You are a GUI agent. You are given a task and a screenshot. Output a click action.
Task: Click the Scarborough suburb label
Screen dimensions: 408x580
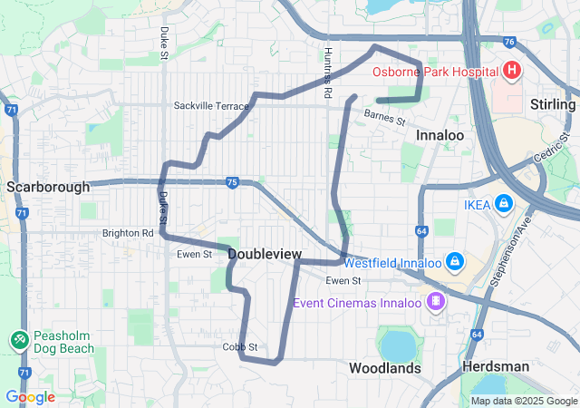[x=48, y=187]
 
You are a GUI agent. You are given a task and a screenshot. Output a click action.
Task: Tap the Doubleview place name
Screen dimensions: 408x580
[x=265, y=255]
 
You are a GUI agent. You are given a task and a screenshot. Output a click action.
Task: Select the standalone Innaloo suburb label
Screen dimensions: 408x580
[x=440, y=135]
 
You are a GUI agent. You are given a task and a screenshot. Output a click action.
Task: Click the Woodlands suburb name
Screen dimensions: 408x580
[x=385, y=368]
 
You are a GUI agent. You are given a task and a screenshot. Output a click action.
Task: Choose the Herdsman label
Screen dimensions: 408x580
[x=495, y=366]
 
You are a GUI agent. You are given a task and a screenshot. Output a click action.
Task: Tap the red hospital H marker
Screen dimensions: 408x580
[x=511, y=70]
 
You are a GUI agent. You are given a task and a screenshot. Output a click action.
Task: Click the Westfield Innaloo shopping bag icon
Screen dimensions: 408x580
[x=454, y=262]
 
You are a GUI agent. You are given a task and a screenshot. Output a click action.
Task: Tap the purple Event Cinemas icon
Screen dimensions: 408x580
[x=437, y=300]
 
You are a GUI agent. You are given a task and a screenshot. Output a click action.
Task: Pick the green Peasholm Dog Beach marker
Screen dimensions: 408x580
[x=18, y=339]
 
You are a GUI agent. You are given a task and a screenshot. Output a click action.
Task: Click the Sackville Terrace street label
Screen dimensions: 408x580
[x=211, y=106]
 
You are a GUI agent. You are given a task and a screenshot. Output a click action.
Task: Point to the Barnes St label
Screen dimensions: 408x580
[x=384, y=115]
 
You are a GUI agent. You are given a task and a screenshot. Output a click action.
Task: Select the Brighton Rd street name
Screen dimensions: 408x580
[x=128, y=233]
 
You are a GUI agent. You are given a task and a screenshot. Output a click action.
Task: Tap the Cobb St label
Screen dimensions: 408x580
[x=240, y=347]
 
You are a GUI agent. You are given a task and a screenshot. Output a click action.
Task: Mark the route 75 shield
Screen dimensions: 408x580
[x=232, y=182]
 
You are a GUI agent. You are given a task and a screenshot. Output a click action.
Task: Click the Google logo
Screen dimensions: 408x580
[x=30, y=397]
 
